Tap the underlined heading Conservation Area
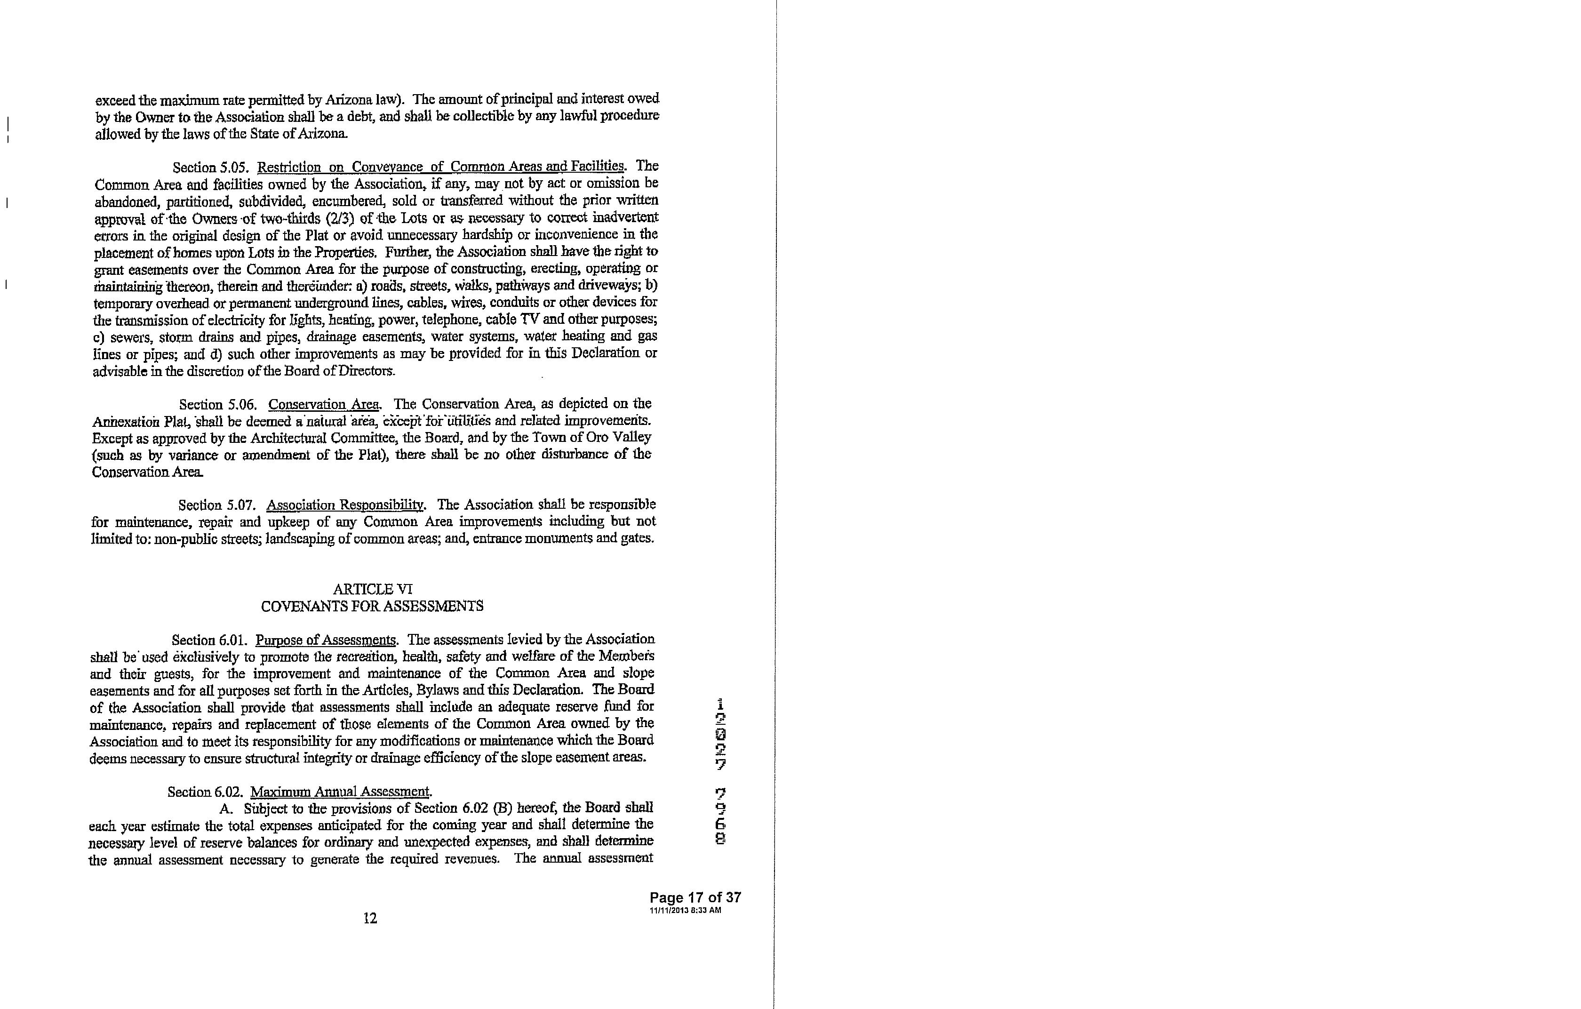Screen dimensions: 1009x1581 pyautogui.click(x=325, y=404)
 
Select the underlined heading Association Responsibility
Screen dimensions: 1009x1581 pyautogui.click(x=345, y=505)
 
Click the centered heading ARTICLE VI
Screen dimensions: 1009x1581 pyautogui.click(x=372, y=589)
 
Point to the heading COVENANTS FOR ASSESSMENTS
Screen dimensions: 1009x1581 pyautogui.click(x=372, y=606)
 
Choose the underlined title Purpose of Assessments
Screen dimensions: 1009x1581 pyautogui.click(x=326, y=640)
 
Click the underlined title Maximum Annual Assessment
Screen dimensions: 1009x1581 pyautogui.click(x=340, y=792)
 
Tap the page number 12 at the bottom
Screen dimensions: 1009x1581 pyautogui.click(x=370, y=918)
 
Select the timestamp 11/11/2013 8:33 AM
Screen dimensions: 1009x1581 pyautogui.click(x=685, y=911)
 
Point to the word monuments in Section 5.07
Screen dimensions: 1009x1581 pyautogui.click(x=558, y=538)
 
